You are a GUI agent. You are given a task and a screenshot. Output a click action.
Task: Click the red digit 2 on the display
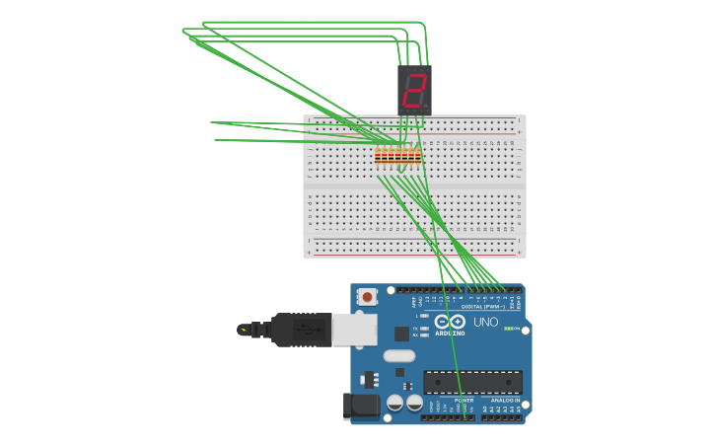coord(414,91)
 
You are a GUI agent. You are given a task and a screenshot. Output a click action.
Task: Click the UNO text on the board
coord(486,323)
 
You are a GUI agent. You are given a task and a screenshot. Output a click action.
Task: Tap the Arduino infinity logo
coord(450,322)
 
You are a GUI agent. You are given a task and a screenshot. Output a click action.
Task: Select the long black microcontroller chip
coord(472,382)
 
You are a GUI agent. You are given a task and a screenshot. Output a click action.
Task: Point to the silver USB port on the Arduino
coord(354,330)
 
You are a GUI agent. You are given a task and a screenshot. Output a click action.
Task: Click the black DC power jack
coord(361,405)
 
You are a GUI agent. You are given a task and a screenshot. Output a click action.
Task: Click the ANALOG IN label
coord(505,401)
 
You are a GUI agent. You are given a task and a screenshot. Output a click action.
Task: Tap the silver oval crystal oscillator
coord(399,355)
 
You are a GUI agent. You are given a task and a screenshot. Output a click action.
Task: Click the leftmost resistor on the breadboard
coord(378,155)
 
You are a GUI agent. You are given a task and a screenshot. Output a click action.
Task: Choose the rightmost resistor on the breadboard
coord(418,155)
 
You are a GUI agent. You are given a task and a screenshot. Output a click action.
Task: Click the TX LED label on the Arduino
coord(416,328)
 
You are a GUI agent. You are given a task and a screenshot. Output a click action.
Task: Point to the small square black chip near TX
coord(401,334)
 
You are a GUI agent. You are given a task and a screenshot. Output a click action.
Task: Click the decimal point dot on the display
coord(426,107)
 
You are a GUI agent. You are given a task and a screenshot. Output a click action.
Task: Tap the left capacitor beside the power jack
coord(394,403)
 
